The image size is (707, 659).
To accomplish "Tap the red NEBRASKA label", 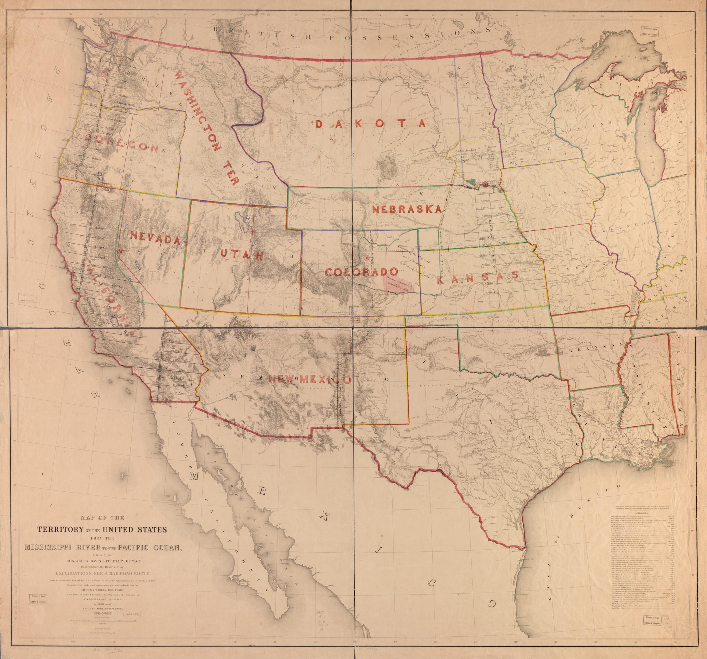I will [407, 209].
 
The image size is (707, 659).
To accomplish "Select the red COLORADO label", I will [361, 272].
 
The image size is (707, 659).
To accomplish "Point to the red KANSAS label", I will [477, 276].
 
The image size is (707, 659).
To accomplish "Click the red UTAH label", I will [241, 255].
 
